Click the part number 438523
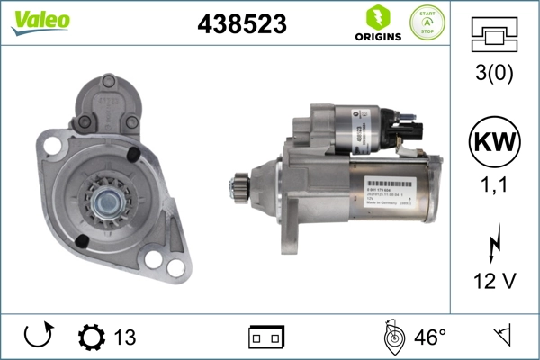pyautogui.click(x=241, y=25)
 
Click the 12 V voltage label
pyautogui.click(x=494, y=282)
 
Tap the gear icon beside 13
pyautogui.click(x=92, y=337)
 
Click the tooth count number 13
pyautogui.click(x=125, y=337)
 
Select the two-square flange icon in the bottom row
pyautogui.click(x=266, y=337)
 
